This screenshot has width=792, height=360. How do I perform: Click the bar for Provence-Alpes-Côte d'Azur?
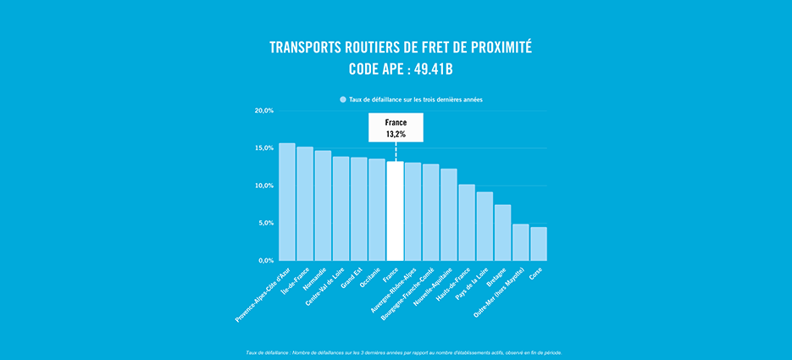tap(287, 202)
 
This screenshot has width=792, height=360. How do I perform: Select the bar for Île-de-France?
tap(305, 203)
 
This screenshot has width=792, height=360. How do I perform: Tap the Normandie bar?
tap(323, 206)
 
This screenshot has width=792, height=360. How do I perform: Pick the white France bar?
tap(395, 211)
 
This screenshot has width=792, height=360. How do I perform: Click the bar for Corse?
tap(539, 243)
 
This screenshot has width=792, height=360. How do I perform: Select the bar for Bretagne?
tap(502, 232)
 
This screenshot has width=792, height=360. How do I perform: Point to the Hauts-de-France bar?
tap(467, 222)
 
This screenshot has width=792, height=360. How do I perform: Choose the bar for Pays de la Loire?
tap(485, 226)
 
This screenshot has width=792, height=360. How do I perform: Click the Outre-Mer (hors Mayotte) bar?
tap(521, 242)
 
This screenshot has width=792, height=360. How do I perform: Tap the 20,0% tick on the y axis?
tap(264, 111)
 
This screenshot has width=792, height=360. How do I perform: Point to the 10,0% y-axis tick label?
tap(264, 186)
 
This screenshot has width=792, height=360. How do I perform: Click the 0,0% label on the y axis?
tap(266, 260)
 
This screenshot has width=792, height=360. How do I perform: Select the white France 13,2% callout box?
tap(396, 128)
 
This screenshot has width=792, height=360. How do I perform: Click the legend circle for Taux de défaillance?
tap(343, 99)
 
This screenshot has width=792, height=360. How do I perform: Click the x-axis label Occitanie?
tap(369, 279)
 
